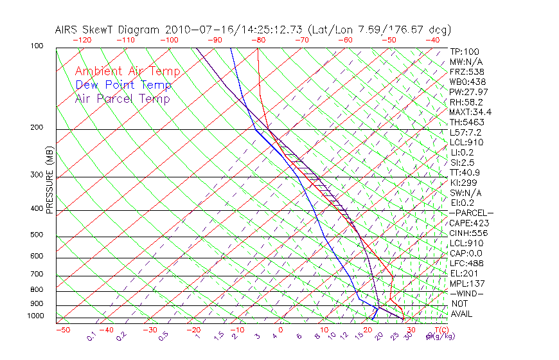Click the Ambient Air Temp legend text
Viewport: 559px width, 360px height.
coord(127,71)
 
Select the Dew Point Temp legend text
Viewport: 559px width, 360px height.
coord(123,85)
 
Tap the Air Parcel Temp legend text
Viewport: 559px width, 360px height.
coord(122,98)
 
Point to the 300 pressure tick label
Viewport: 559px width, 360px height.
coord(37,175)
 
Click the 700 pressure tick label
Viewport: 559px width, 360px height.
coord(37,274)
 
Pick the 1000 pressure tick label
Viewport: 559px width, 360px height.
coord(35,316)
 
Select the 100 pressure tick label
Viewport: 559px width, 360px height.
coord(37,46)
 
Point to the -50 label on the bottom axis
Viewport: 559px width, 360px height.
coord(62,330)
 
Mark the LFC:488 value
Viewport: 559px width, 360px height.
coord(467,263)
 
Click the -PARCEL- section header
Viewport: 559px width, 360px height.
coord(472,213)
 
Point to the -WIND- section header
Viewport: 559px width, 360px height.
coord(467,293)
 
